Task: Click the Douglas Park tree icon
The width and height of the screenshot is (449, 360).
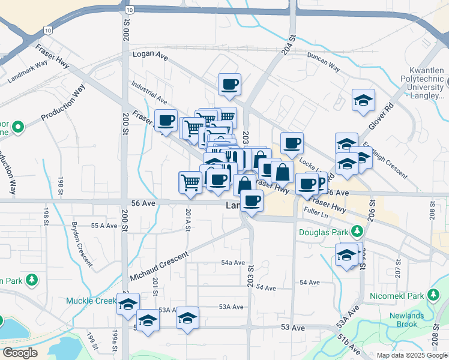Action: pyautogui.click(x=357, y=231)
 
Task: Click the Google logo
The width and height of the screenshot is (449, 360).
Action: pyautogui.click(x=20, y=353)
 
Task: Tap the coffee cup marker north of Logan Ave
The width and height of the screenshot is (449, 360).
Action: pyautogui.click(x=229, y=85)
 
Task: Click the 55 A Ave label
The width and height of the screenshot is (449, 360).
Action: pyautogui.click(x=103, y=226)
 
